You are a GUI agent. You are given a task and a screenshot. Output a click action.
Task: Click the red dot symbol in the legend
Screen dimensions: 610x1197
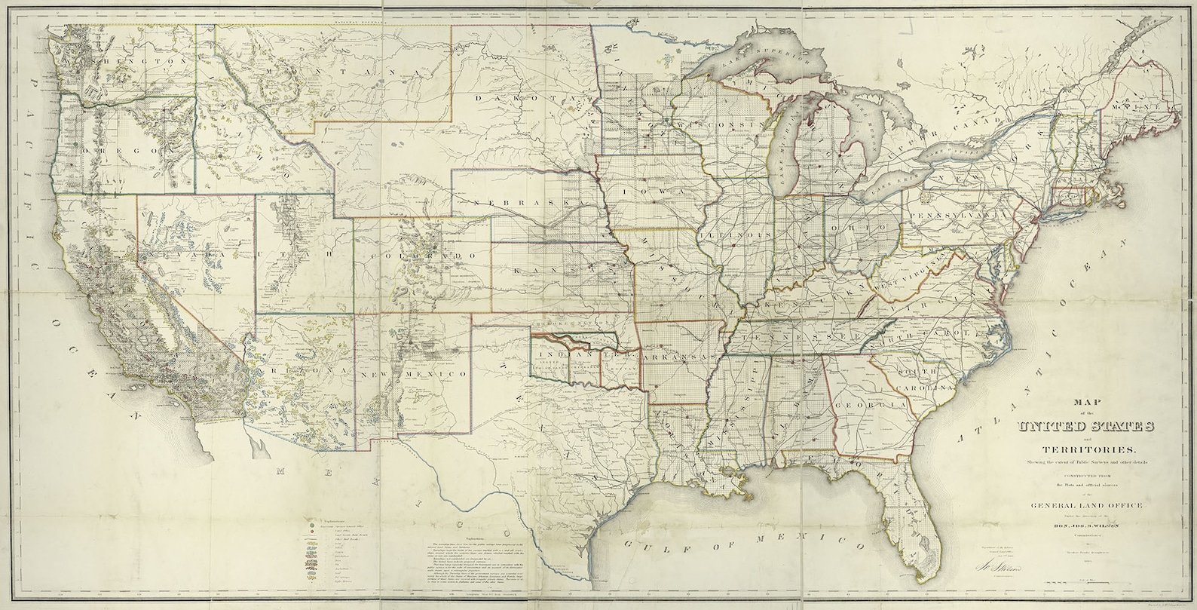tap(310, 533)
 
